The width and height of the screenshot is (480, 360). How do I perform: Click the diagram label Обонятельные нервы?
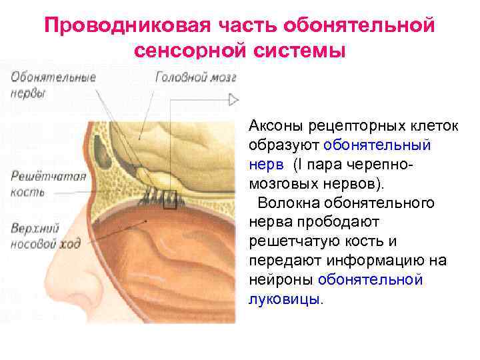(53, 85)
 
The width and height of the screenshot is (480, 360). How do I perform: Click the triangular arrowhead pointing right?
(233, 100)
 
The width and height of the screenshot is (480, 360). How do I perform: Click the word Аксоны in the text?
(275, 126)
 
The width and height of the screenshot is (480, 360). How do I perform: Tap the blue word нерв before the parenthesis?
(265, 164)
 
